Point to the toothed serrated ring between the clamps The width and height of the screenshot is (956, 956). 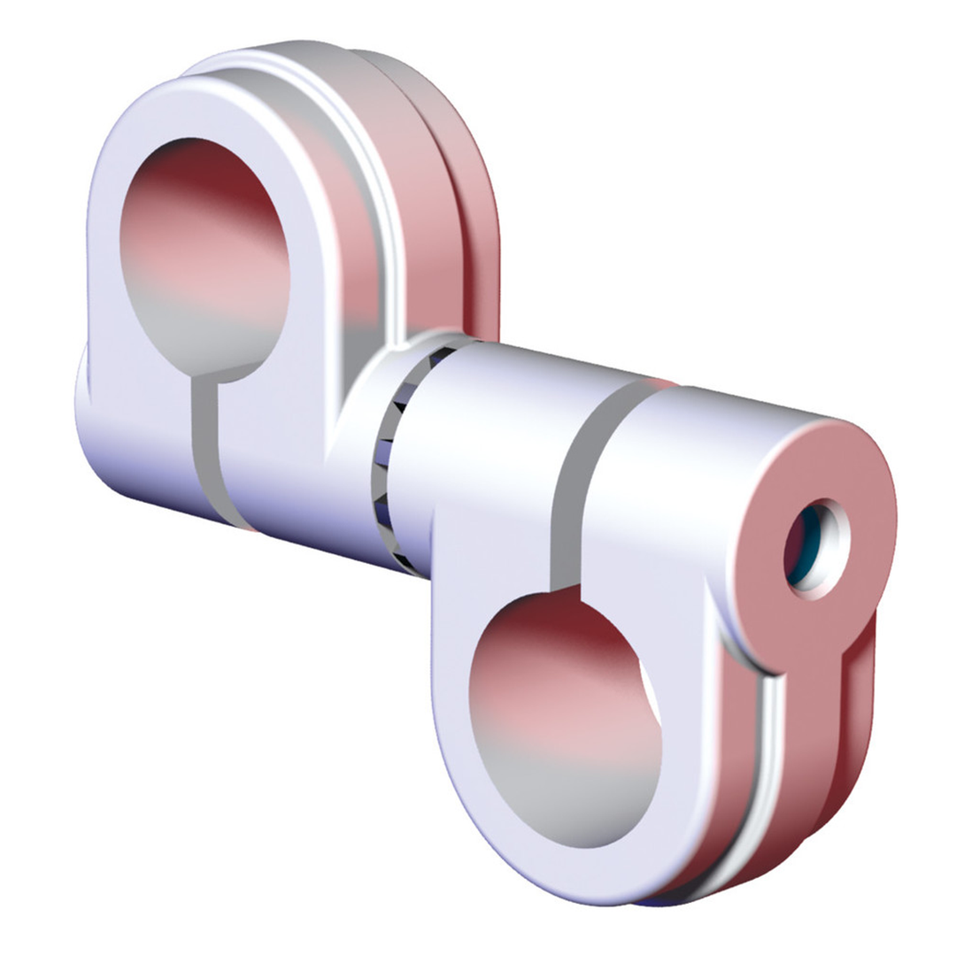389,460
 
